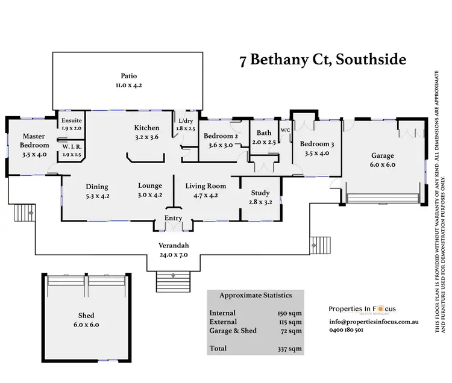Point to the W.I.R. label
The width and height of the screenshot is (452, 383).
(72, 147)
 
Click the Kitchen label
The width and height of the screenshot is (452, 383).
(146, 128)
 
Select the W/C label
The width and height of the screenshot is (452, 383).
(285, 130)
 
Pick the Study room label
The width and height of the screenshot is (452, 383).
(260, 193)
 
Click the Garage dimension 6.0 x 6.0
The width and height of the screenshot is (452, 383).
(383, 164)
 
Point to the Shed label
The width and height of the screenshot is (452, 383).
(86, 316)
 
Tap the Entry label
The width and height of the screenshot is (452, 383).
(174, 219)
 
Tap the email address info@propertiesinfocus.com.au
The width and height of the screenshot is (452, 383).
(374, 322)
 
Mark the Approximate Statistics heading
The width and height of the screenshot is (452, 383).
(256, 296)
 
